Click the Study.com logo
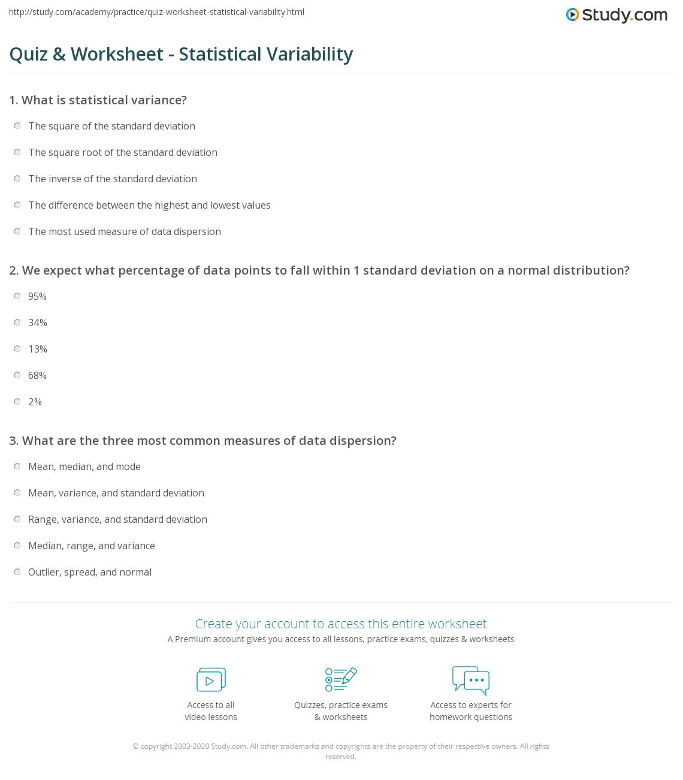pos(616,15)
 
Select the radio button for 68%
pos(17,375)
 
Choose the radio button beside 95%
pos(17,296)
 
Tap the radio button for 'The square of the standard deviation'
pos(17,126)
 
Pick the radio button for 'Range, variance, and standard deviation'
pos(17,519)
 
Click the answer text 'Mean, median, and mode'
pos(84,466)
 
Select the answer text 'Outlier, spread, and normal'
pos(90,572)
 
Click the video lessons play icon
pos(211,679)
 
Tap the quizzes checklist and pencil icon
pos(341,679)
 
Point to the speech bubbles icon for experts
pos(471,679)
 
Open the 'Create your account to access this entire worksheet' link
pos(341,624)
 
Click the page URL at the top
pos(156,12)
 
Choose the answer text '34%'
pos(38,323)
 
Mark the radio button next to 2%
pos(17,402)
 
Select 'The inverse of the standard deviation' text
pos(113,179)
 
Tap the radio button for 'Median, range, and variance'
pos(17,546)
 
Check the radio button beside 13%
pos(17,349)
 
